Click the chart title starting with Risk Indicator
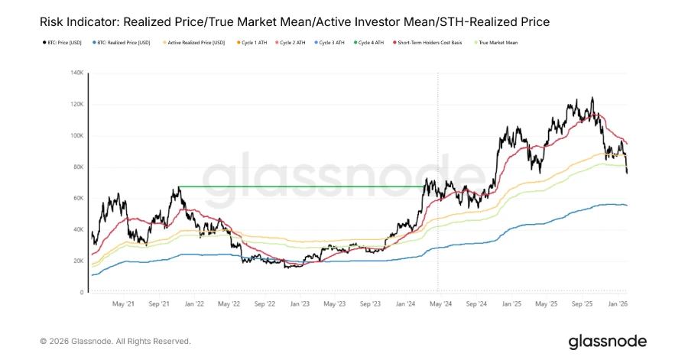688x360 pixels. click(x=294, y=22)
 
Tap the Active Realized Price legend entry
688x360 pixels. click(x=196, y=43)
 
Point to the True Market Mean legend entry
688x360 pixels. click(x=499, y=43)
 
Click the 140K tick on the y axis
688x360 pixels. click(x=76, y=73)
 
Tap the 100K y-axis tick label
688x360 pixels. click(x=76, y=136)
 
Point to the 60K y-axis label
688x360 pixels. click(x=77, y=199)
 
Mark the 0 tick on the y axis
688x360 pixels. click(x=81, y=293)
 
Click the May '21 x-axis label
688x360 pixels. click(x=123, y=304)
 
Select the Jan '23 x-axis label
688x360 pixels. click(x=300, y=304)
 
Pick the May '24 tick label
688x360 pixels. click(x=440, y=304)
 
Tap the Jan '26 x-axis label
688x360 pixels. click(x=616, y=304)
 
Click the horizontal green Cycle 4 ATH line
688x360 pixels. click(x=306, y=186)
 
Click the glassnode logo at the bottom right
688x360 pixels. click(x=607, y=342)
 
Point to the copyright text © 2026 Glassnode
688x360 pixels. click(x=115, y=342)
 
